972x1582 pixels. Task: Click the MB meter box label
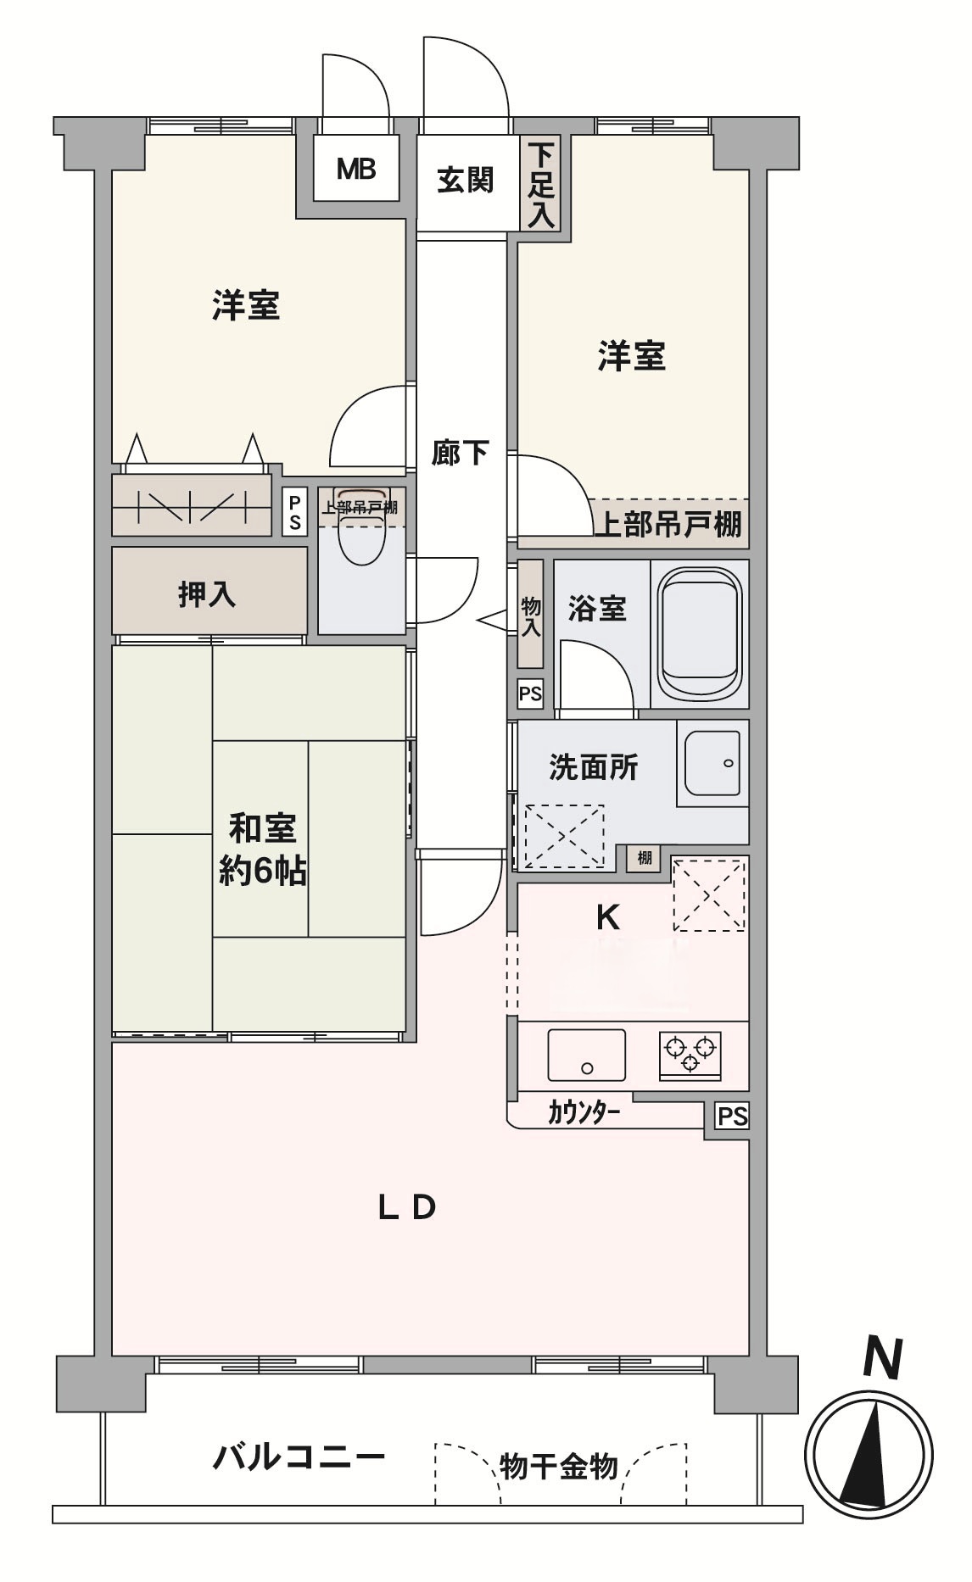click(356, 170)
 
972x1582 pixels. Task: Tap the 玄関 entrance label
click(466, 180)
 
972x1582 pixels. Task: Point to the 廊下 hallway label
click(460, 453)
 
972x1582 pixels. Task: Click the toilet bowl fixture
click(362, 529)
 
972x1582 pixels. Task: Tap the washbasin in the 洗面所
click(712, 762)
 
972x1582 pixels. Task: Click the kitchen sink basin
click(587, 1055)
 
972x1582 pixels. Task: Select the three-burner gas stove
click(690, 1056)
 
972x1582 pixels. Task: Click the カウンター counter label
click(584, 1113)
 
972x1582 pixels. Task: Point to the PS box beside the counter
click(732, 1117)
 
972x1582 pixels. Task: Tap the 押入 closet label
click(207, 593)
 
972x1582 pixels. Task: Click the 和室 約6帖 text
click(263, 849)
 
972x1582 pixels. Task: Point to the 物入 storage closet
click(530, 614)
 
